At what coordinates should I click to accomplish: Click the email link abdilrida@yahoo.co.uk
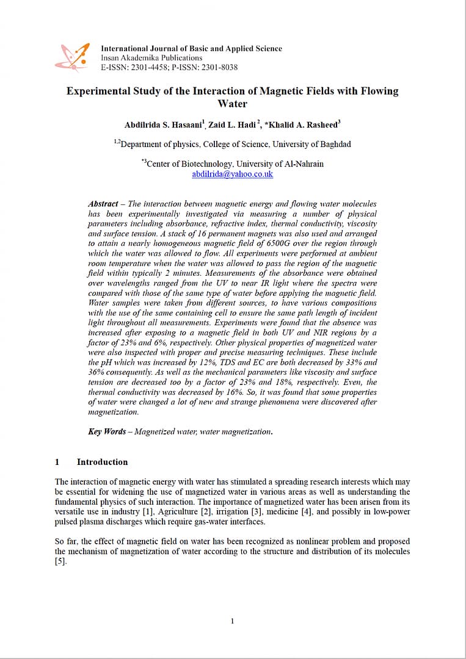232,174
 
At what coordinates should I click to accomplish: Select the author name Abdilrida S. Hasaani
164,125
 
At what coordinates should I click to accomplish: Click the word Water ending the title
232,104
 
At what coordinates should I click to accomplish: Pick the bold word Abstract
103,204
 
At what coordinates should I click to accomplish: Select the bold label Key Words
107,431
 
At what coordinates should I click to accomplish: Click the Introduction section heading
102,462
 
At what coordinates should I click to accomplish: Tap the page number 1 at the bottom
232,621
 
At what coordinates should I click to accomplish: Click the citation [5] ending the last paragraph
60,561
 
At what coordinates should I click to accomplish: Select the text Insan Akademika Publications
151,58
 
